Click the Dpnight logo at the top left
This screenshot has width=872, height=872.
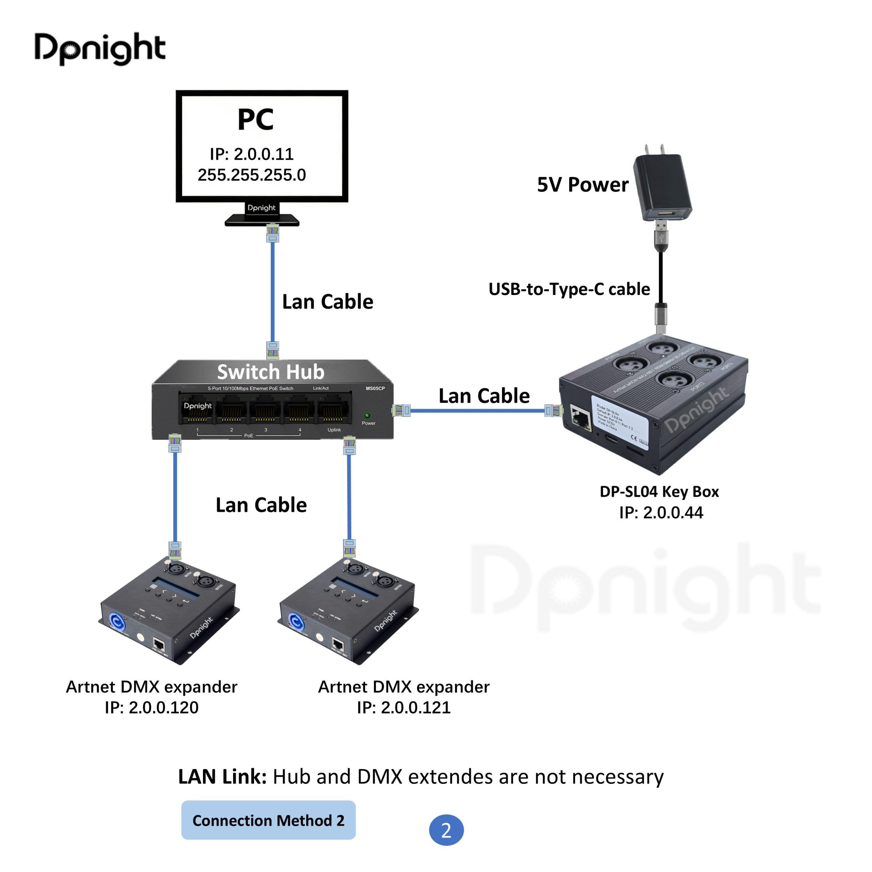[100, 48]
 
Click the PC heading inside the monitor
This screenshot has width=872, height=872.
[255, 120]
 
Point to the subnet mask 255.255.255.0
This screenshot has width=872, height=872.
[252, 175]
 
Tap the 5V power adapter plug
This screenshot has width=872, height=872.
[662, 187]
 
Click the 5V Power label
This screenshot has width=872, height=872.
[582, 185]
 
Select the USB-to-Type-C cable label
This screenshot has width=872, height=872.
[569, 289]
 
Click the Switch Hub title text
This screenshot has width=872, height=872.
[270, 372]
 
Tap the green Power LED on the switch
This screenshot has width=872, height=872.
[367, 415]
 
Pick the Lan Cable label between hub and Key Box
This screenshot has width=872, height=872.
[484, 396]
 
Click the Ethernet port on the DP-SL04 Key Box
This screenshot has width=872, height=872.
[581, 418]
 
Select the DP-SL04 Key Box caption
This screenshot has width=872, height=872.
[659, 492]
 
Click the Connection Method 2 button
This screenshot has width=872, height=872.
[268, 820]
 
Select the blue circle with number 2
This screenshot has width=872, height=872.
[446, 829]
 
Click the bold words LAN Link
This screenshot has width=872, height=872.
[222, 777]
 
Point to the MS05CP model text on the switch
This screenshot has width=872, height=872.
[375, 389]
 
